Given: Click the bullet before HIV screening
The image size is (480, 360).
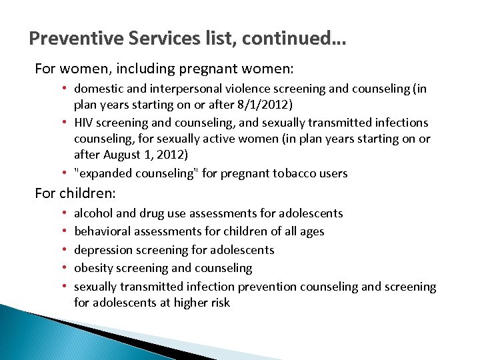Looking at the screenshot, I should (x=67, y=123).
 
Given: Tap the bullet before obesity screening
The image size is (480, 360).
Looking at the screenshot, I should (x=67, y=268).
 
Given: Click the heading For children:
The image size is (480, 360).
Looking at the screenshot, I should (x=75, y=193).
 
